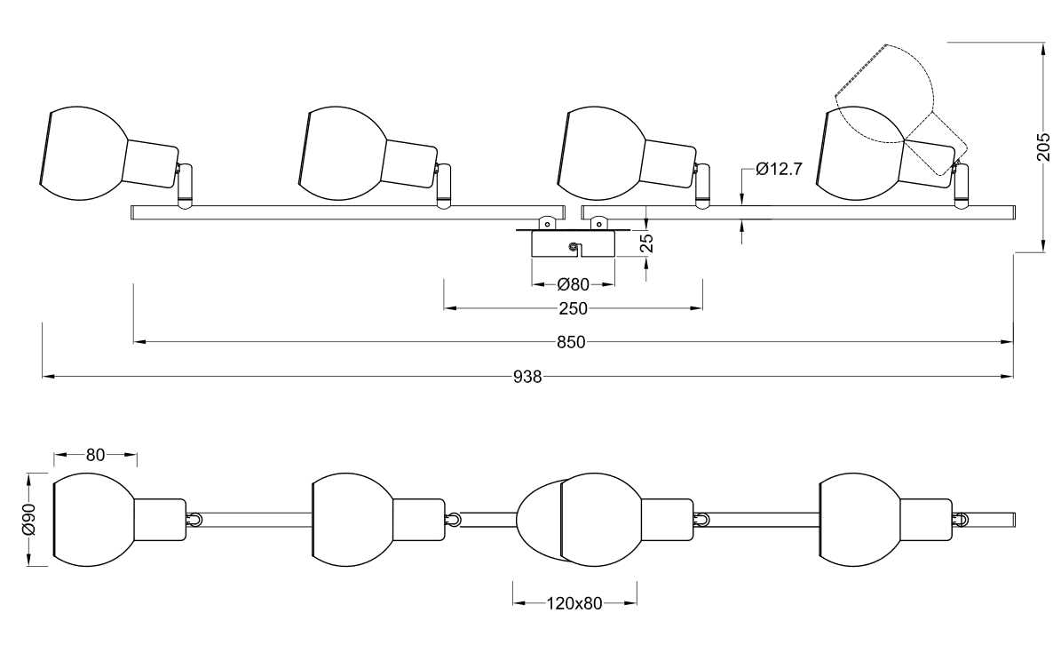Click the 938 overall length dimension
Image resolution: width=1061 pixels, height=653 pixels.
tap(527, 377)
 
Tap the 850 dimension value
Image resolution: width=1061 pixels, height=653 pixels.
tap(571, 343)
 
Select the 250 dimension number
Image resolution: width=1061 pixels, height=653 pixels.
tap(574, 309)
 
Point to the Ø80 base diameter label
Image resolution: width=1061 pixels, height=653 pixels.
tap(574, 284)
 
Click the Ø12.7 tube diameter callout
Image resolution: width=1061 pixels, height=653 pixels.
tap(779, 169)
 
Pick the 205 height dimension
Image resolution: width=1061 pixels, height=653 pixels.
tap(1043, 147)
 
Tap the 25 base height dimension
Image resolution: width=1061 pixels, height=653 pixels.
tap(647, 243)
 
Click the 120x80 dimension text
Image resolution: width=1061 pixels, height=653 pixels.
tap(574, 603)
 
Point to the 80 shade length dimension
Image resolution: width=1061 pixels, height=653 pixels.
tap(95, 455)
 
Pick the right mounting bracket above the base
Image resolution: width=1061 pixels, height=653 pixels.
tap(598, 222)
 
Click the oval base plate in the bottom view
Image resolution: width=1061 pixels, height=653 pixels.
tap(539, 521)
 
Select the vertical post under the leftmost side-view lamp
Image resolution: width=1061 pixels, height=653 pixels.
tap(185, 186)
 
